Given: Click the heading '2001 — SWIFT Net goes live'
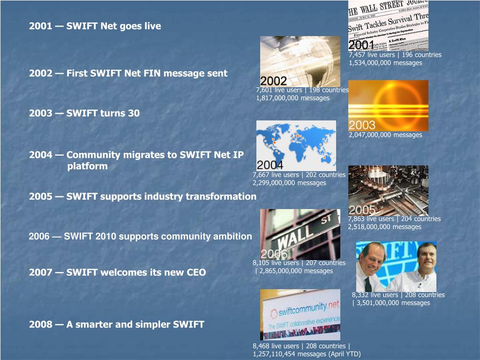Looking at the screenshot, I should (95, 26).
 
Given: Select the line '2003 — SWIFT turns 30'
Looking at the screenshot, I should (84, 113).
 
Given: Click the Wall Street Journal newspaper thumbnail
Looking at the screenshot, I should (388, 25).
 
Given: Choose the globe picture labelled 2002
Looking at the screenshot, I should (300, 61).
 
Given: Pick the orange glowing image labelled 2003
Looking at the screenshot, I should (388, 105).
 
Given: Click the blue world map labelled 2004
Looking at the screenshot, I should (296, 145).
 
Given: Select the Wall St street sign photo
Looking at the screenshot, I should (300, 234).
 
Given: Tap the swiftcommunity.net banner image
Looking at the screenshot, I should (300, 315).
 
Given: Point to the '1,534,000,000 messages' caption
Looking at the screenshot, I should (385, 63).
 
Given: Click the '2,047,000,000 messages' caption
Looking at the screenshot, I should (385, 135).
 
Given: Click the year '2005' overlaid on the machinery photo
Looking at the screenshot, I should (362, 210).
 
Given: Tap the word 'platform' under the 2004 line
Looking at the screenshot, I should (87, 166).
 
